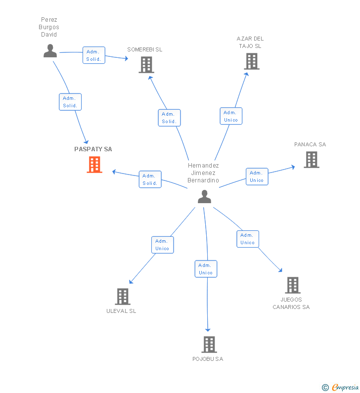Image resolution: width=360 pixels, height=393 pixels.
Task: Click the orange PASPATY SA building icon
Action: (94, 165)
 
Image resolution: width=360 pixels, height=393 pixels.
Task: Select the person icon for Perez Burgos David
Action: (50, 51)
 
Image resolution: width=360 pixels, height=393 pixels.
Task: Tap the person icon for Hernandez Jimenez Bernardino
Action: (204, 196)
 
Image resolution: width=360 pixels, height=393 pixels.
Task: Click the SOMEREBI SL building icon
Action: (146, 65)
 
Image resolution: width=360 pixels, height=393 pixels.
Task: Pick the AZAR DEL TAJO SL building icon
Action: (251, 61)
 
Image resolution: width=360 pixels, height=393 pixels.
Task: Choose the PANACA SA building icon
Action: (311, 160)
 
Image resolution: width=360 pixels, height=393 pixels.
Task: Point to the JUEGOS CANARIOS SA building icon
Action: (292, 285)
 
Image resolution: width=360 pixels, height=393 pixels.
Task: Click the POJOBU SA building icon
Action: (209, 344)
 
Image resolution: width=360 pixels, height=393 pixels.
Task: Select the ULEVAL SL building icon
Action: (122, 297)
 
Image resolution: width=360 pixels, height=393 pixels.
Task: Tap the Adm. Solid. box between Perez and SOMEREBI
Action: (93, 55)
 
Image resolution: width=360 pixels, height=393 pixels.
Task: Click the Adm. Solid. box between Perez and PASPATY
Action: (70, 102)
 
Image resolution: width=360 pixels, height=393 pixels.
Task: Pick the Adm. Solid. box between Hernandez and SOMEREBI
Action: (169, 118)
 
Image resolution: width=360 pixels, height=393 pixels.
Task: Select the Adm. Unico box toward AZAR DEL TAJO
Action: (231, 116)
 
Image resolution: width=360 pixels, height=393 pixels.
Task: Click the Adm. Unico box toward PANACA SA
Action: (257, 176)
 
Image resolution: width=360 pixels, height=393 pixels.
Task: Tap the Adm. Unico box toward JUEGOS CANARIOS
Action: (247, 239)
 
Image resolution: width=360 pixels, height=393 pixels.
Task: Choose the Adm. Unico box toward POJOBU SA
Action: (206, 269)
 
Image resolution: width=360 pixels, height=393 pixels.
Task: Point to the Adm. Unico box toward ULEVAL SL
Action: (162, 245)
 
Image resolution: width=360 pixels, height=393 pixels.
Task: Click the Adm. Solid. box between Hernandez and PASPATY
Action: (150, 179)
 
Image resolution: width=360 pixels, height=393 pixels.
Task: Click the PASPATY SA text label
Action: (93, 149)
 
